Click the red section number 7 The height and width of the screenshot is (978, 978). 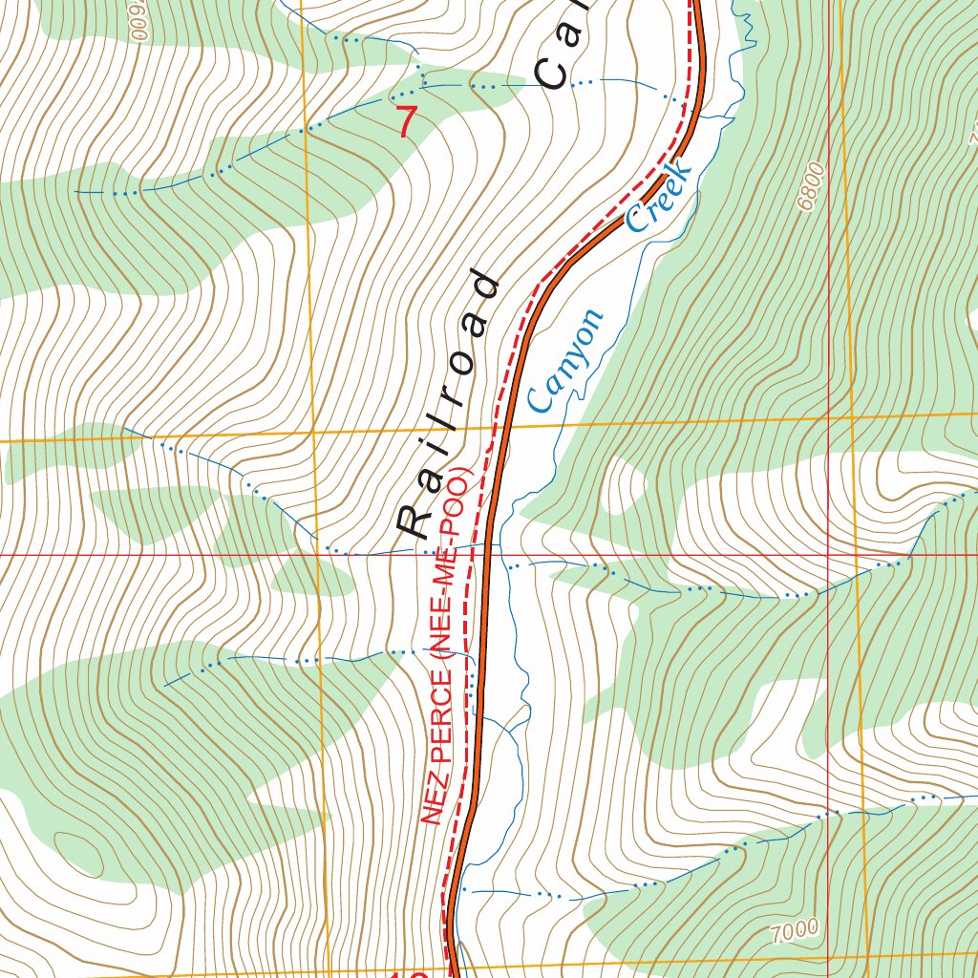[x=408, y=121]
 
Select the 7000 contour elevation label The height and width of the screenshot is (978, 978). [x=794, y=927]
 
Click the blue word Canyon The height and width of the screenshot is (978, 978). [x=565, y=361]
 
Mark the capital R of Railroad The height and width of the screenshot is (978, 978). [x=416, y=521]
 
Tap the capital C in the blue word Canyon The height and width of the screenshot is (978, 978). [x=542, y=398]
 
